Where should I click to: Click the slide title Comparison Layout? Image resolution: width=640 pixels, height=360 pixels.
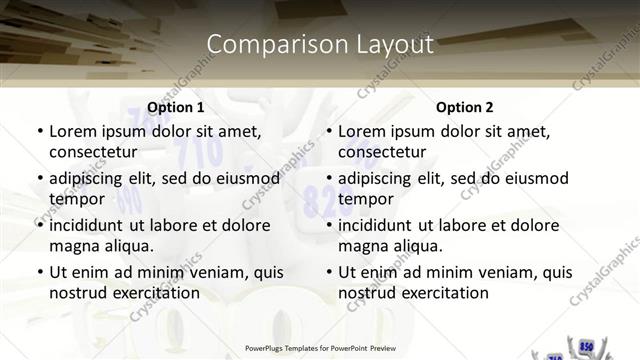(x=320, y=44)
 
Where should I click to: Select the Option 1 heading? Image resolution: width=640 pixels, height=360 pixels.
(x=175, y=107)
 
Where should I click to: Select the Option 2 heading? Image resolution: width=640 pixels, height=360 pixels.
(x=465, y=107)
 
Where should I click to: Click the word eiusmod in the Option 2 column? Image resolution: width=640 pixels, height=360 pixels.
(x=534, y=178)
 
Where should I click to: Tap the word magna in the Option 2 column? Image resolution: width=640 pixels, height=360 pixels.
(x=361, y=246)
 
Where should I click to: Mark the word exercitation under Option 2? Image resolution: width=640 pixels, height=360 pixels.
(x=443, y=293)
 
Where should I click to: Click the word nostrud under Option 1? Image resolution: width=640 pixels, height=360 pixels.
(x=76, y=293)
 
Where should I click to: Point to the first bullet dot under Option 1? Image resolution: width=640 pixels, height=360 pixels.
(x=39, y=131)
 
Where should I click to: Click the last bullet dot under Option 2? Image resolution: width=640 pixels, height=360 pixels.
(x=329, y=273)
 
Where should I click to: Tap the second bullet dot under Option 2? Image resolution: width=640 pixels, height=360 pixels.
(x=329, y=179)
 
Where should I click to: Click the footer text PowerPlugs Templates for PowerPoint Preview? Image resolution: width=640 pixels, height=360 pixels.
(x=320, y=348)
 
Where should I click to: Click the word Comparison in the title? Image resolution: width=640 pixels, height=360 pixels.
(x=263, y=44)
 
